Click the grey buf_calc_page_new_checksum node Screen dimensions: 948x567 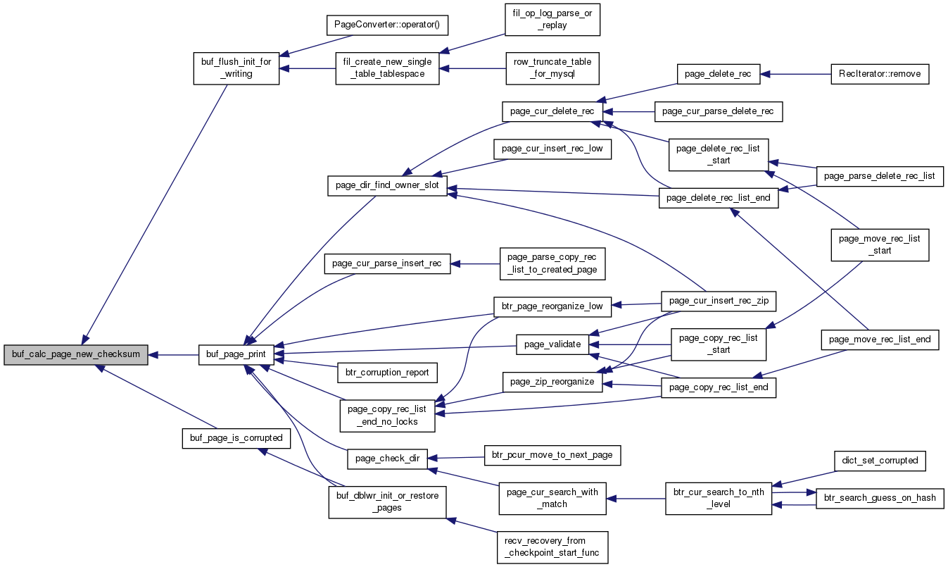coord(76,354)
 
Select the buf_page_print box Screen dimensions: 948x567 coord(236,354)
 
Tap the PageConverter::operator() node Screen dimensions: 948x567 coord(387,25)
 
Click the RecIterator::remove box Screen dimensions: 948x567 coord(880,74)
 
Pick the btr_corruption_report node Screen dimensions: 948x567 coord(387,373)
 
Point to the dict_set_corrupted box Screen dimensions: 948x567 coord(880,461)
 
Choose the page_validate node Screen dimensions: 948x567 coord(552,344)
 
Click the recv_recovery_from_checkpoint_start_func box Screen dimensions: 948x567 coord(552,547)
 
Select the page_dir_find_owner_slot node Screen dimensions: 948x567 coord(387,185)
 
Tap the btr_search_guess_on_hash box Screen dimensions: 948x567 coord(880,498)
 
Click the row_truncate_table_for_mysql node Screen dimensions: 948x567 coord(552,68)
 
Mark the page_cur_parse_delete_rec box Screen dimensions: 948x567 coord(718,112)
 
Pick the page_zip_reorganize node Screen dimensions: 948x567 coord(552,382)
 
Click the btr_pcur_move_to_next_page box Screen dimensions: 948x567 coord(552,456)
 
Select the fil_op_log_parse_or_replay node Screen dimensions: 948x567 coord(552,20)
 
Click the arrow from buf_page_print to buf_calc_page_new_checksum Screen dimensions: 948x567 coord(174,355)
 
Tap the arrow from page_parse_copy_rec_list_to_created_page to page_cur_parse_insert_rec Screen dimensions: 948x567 coord(475,264)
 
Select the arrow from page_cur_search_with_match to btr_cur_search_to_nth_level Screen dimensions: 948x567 coord(636,499)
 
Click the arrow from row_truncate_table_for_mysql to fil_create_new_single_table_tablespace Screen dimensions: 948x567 coord(472,68)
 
